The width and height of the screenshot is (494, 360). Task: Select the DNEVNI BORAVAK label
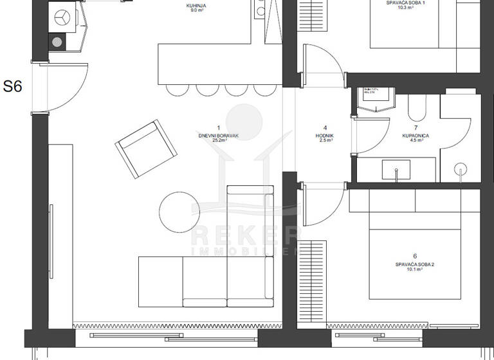219,136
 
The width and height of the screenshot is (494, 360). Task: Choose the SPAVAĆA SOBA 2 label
415,264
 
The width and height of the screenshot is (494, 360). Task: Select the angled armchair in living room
146,150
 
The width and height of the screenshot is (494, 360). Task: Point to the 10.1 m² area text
415,270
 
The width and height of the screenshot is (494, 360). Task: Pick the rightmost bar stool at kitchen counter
262,89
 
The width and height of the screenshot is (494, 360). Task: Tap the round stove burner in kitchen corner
57,42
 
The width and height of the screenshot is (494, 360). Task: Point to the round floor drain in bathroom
461,170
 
